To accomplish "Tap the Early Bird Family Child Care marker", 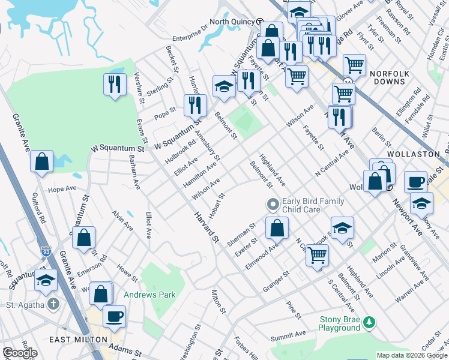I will (x=273, y=205).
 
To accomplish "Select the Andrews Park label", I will (x=149, y=295).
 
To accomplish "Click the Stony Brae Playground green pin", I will (x=370, y=323).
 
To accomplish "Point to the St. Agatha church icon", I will (x=54, y=304).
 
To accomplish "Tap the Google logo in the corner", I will (x=20, y=353).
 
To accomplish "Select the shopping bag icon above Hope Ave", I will (x=41, y=161).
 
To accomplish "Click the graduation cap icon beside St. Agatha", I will (x=46, y=280).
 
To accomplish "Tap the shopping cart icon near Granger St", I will (x=317, y=254).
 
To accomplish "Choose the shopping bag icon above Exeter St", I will (x=277, y=227).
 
